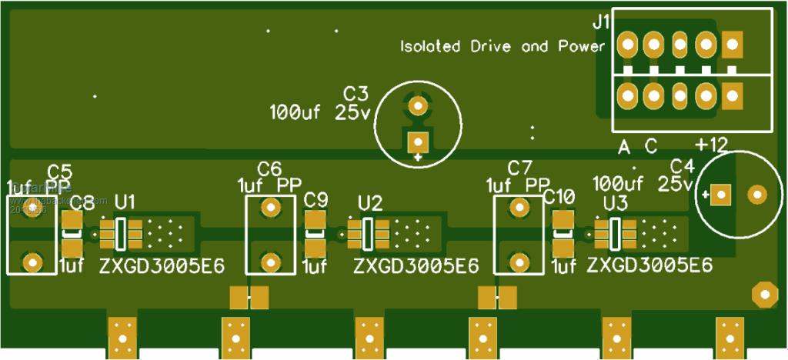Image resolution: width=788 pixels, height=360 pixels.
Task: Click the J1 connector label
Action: tap(601, 22)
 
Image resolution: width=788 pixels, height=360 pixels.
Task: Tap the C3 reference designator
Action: tap(356, 94)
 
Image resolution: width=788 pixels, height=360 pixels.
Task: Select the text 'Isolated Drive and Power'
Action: tap(503, 47)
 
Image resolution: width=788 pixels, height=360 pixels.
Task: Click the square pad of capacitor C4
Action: tap(720, 195)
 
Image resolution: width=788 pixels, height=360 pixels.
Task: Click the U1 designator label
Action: tap(125, 202)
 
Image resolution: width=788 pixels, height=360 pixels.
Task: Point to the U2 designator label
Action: tap(370, 203)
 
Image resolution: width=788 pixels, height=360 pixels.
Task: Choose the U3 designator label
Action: tap(615, 203)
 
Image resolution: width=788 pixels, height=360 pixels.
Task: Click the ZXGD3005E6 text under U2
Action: tap(416, 266)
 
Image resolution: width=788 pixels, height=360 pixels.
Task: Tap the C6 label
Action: tap(269, 168)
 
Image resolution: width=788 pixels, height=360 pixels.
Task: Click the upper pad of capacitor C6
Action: tap(269, 206)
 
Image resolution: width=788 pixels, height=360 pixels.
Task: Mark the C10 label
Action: tap(559, 197)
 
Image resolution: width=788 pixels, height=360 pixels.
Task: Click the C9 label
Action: tap(316, 200)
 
